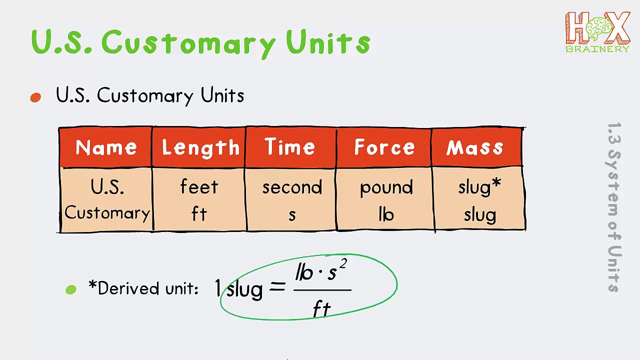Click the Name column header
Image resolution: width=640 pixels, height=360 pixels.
(x=106, y=147)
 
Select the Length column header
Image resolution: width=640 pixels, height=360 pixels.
(x=200, y=147)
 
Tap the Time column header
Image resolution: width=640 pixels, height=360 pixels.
(x=290, y=147)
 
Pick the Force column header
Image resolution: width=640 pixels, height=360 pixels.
(x=384, y=147)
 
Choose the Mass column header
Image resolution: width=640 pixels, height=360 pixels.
(x=474, y=147)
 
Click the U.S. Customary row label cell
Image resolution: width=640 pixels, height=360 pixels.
(x=107, y=200)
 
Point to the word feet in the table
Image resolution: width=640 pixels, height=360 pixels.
(x=199, y=187)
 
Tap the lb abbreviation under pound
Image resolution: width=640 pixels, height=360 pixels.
(x=386, y=214)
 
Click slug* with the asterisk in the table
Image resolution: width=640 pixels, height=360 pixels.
(x=479, y=187)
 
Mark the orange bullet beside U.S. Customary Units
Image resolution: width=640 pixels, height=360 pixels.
(x=35, y=97)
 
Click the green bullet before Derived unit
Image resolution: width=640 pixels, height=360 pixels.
(x=71, y=289)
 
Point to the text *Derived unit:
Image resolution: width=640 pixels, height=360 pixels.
(x=143, y=288)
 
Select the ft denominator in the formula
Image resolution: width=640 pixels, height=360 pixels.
(x=322, y=309)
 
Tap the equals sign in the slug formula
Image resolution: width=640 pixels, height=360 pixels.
(x=277, y=287)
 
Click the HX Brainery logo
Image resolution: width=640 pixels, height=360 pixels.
(x=597, y=32)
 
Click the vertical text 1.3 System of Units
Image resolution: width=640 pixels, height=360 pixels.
(x=614, y=207)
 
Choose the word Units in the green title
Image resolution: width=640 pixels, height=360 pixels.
(x=328, y=42)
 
